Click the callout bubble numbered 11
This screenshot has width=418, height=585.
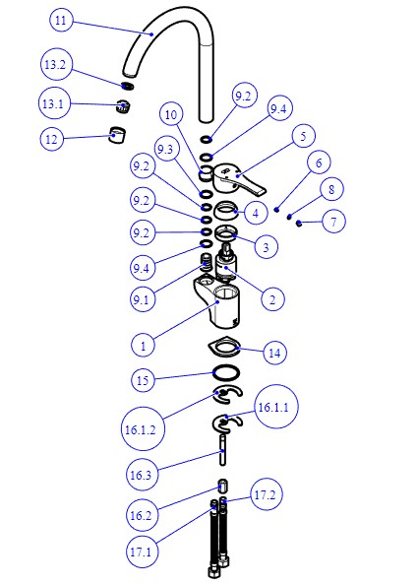coord(61,20)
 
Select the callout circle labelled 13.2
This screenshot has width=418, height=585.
coord(55,65)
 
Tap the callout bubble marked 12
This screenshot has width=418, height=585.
coord(51,139)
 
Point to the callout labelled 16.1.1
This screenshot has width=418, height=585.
coord(273,407)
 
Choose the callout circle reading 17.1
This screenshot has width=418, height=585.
coord(141,552)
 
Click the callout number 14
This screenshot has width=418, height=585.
coord(275,353)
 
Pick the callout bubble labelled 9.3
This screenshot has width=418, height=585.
coord(165,150)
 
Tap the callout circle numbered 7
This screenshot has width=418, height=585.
coord(333,222)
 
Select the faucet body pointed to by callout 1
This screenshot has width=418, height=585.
coord(218,302)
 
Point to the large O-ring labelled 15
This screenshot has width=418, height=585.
coord(226,372)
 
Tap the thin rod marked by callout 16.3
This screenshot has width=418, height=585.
coord(223,450)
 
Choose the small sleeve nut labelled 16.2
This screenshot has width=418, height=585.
coord(223,487)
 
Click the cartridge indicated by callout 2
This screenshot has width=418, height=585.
coord(227,264)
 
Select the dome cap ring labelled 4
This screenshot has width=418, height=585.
coord(226,212)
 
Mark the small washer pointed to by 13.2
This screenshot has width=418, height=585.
coord(128,86)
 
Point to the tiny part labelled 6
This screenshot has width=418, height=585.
coord(276,210)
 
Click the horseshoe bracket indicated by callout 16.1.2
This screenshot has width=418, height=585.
coord(227,395)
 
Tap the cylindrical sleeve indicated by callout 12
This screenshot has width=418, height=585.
coord(117,135)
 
